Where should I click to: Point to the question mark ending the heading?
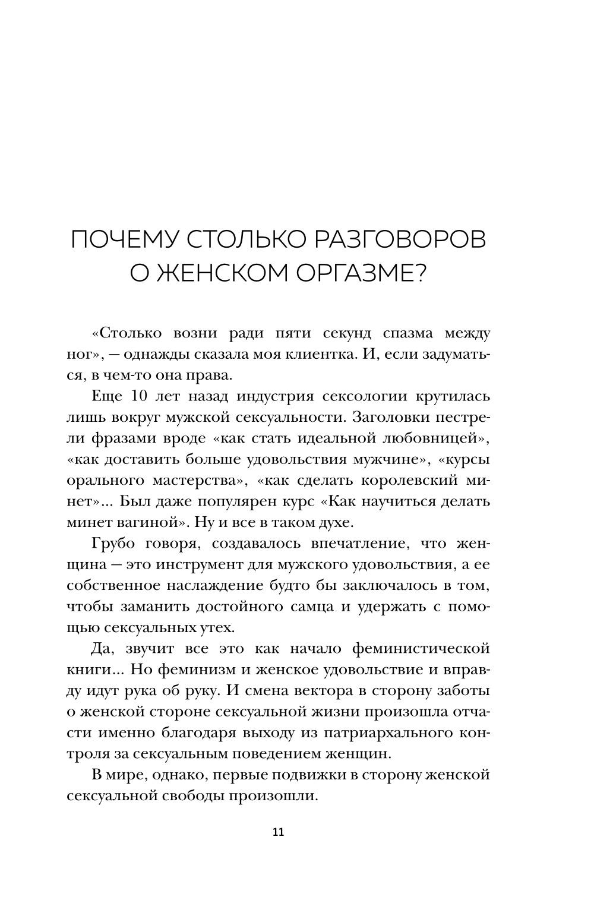point(419,274)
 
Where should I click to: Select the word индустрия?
point(273,397)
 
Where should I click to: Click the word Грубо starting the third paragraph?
point(115,544)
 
